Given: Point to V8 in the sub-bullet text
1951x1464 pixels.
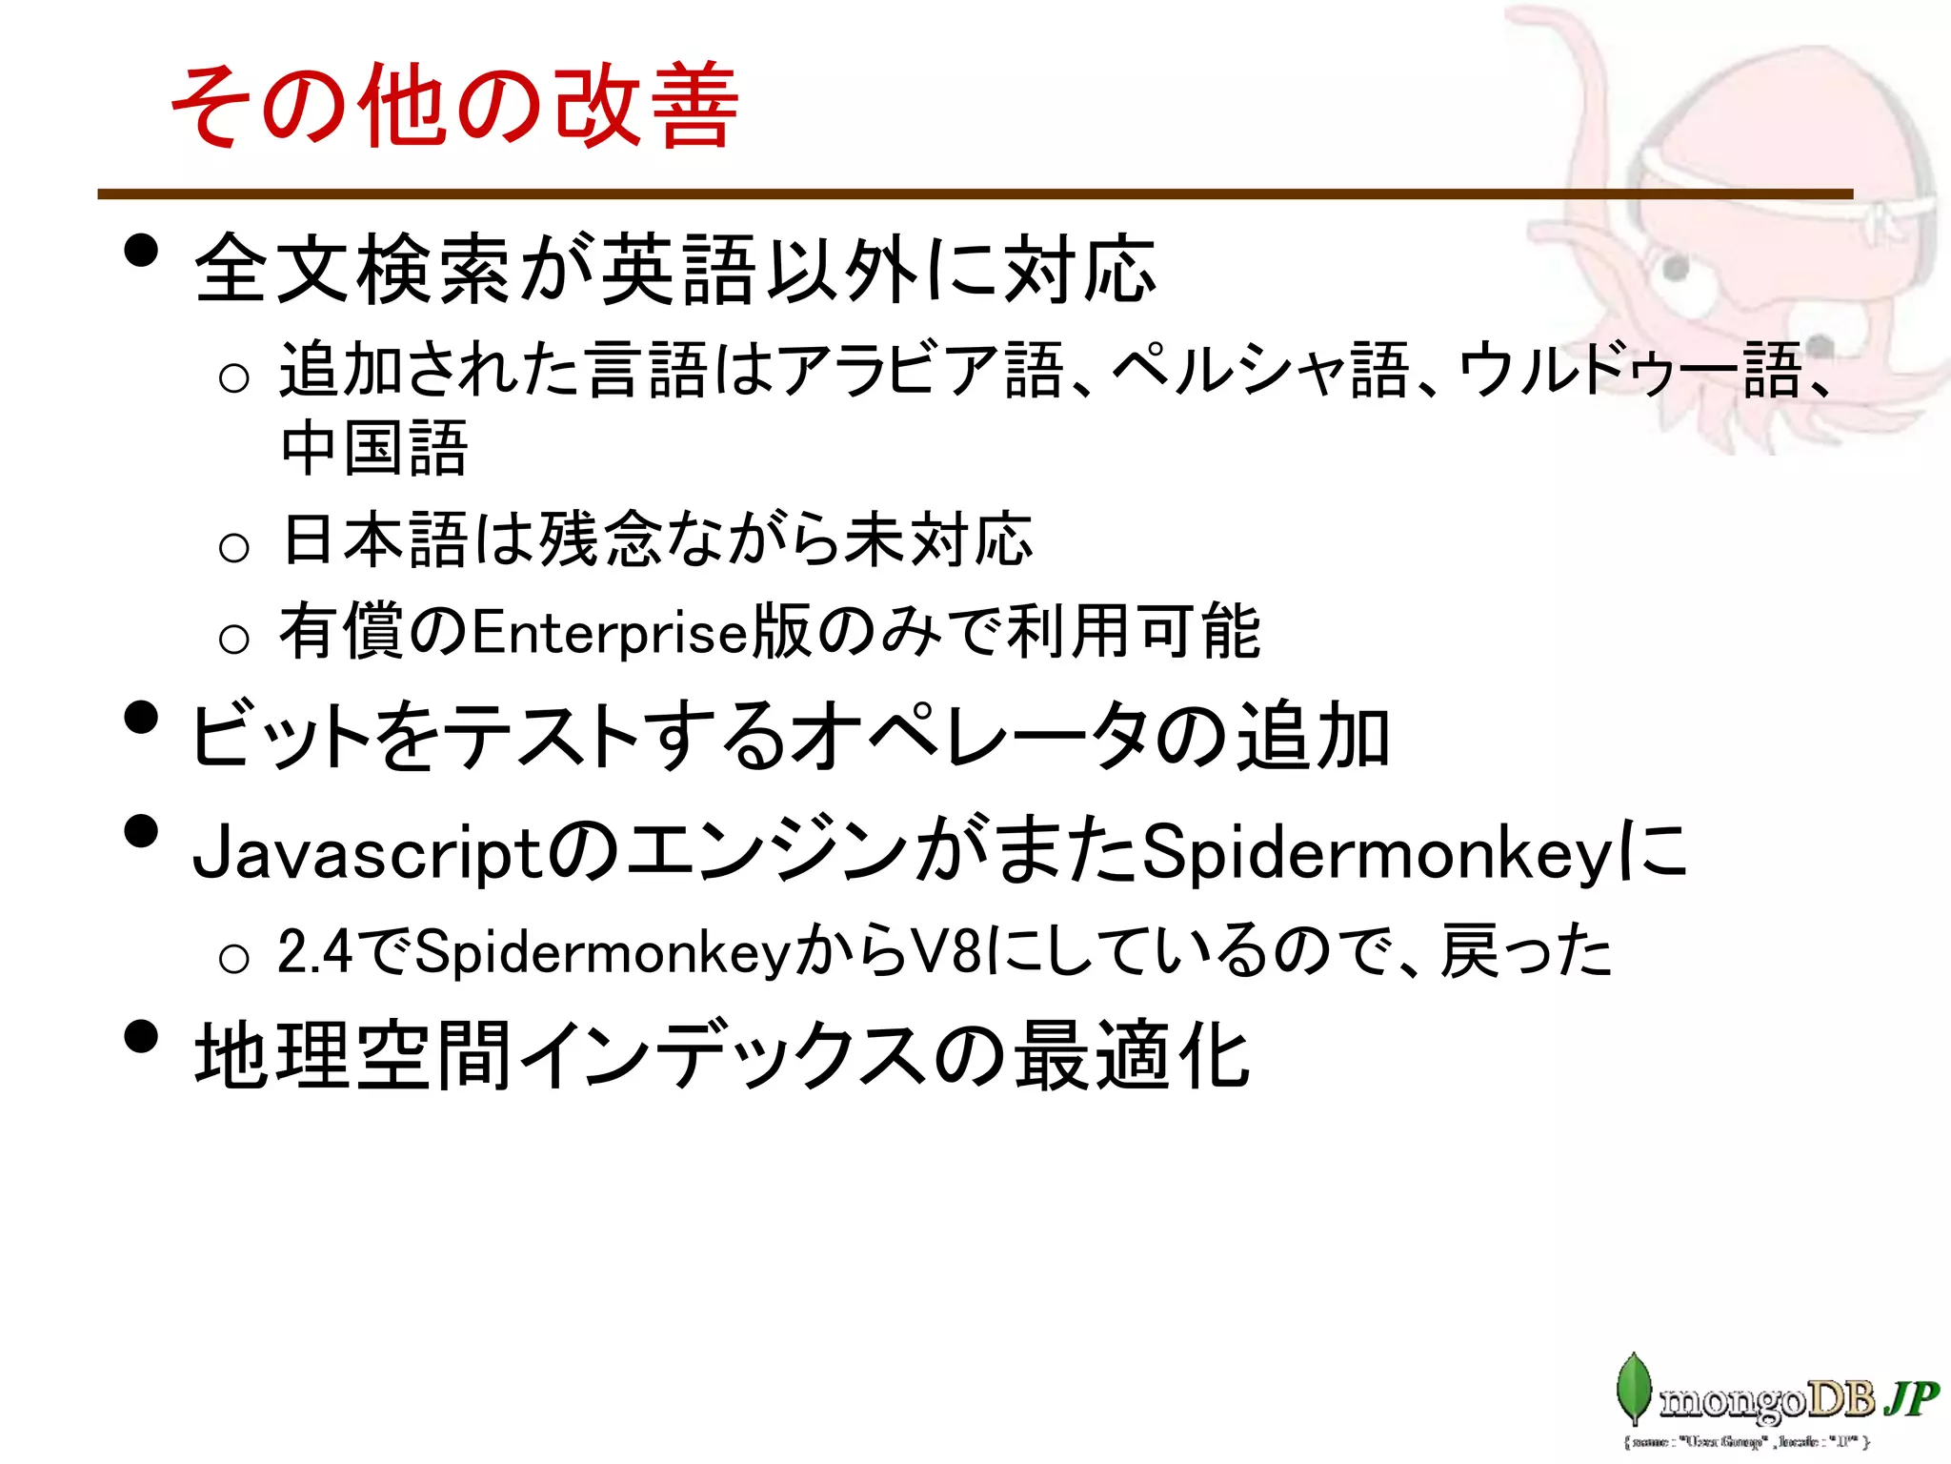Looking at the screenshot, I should pos(947,951).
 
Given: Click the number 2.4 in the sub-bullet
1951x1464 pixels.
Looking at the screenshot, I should pos(314,951).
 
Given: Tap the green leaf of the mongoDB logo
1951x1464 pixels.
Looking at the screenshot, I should pos(1634,1388).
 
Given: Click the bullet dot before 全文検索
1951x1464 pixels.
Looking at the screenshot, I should pos(141,252).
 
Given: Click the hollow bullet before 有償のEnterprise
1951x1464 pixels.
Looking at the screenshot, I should pos(233,639).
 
